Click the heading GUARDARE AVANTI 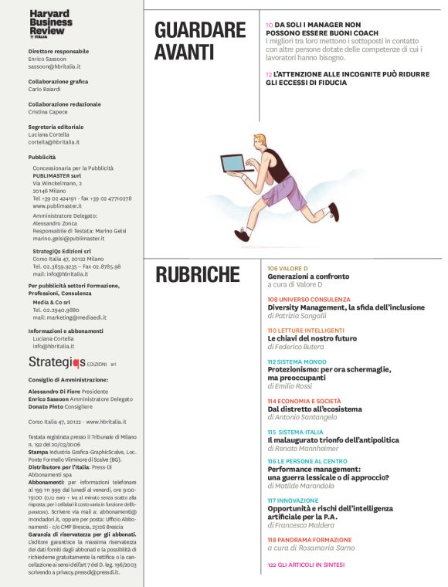pyautogui.click(x=199, y=42)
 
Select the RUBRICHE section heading pyautogui.click(x=198, y=274)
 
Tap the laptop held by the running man pyautogui.click(x=234, y=163)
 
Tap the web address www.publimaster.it pyautogui.click(x=60, y=207)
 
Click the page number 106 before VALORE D pyautogui.click(x=272, y=268)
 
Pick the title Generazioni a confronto pyautogui.click(x=308, y=277)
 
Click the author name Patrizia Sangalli pyautogui.click(x=307, y=316)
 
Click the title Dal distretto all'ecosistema pyautogui.click(x=314, y=409)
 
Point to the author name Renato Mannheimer pyautogui.click(x=311, y=448)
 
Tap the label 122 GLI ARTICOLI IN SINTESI pyautogui.click(x=307, y=566)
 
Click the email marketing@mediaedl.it pyautogui.click(x=70, y=317)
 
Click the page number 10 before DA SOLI pyautogui.click(x=268, y=25)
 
